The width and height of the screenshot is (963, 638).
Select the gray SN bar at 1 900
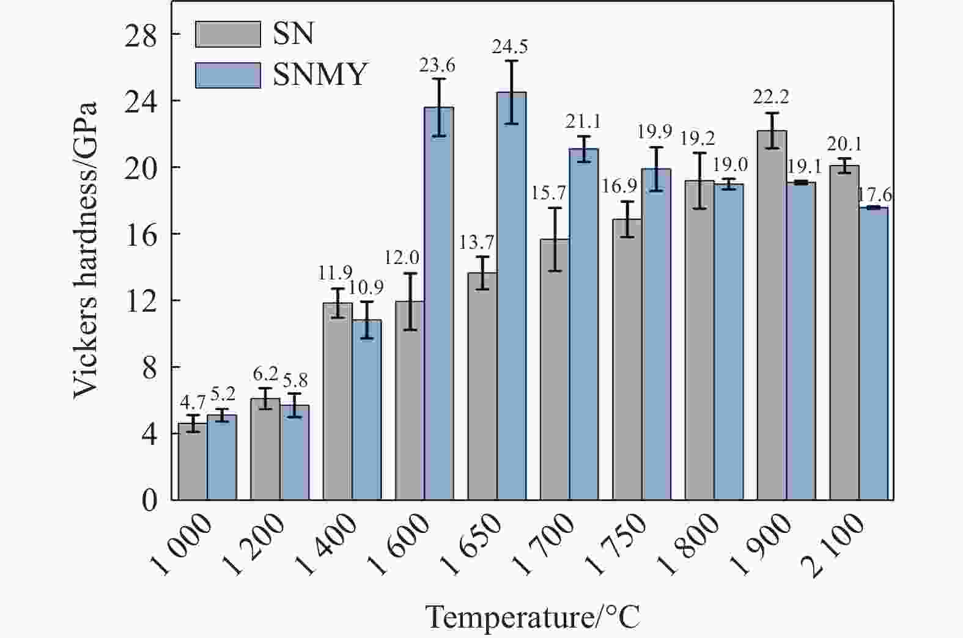click(772, 318)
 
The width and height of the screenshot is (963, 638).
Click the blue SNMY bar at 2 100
click(873, 354)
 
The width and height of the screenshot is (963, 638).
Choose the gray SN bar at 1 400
click(338, 403)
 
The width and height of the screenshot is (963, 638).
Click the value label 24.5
click(511, 46)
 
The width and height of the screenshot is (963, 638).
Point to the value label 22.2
click(772, 97)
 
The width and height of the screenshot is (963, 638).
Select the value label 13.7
click(477, 242)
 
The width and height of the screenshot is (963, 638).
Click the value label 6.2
click(265, 373)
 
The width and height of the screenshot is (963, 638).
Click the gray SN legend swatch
click(227, 34)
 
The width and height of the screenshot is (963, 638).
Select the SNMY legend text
click(320, 75)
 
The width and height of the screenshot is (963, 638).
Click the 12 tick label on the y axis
click(141, 300)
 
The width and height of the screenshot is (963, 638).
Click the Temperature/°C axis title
click(533, 617)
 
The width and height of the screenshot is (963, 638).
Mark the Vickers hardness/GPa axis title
click(86, 251)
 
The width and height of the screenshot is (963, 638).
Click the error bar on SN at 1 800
click(699, 181)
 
